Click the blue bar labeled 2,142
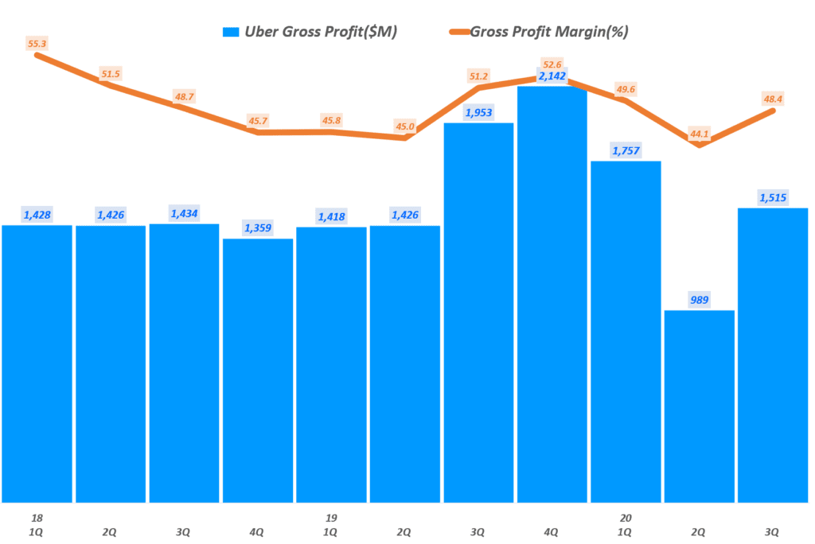click(552, 294)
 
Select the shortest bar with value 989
click(699, 406)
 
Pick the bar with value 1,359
click(258, 370)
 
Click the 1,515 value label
click(772, 196)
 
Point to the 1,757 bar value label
click(626, 150)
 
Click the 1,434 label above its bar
click(184, 213)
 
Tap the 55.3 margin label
click(37, 45)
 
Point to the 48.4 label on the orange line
click(772, 99)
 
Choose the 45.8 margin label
click(331, 121)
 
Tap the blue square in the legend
click(231, 32)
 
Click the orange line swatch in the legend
click(457, 32)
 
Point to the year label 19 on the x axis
click(331, 518)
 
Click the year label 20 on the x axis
click(626, 518)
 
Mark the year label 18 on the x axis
click(37, 518)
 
